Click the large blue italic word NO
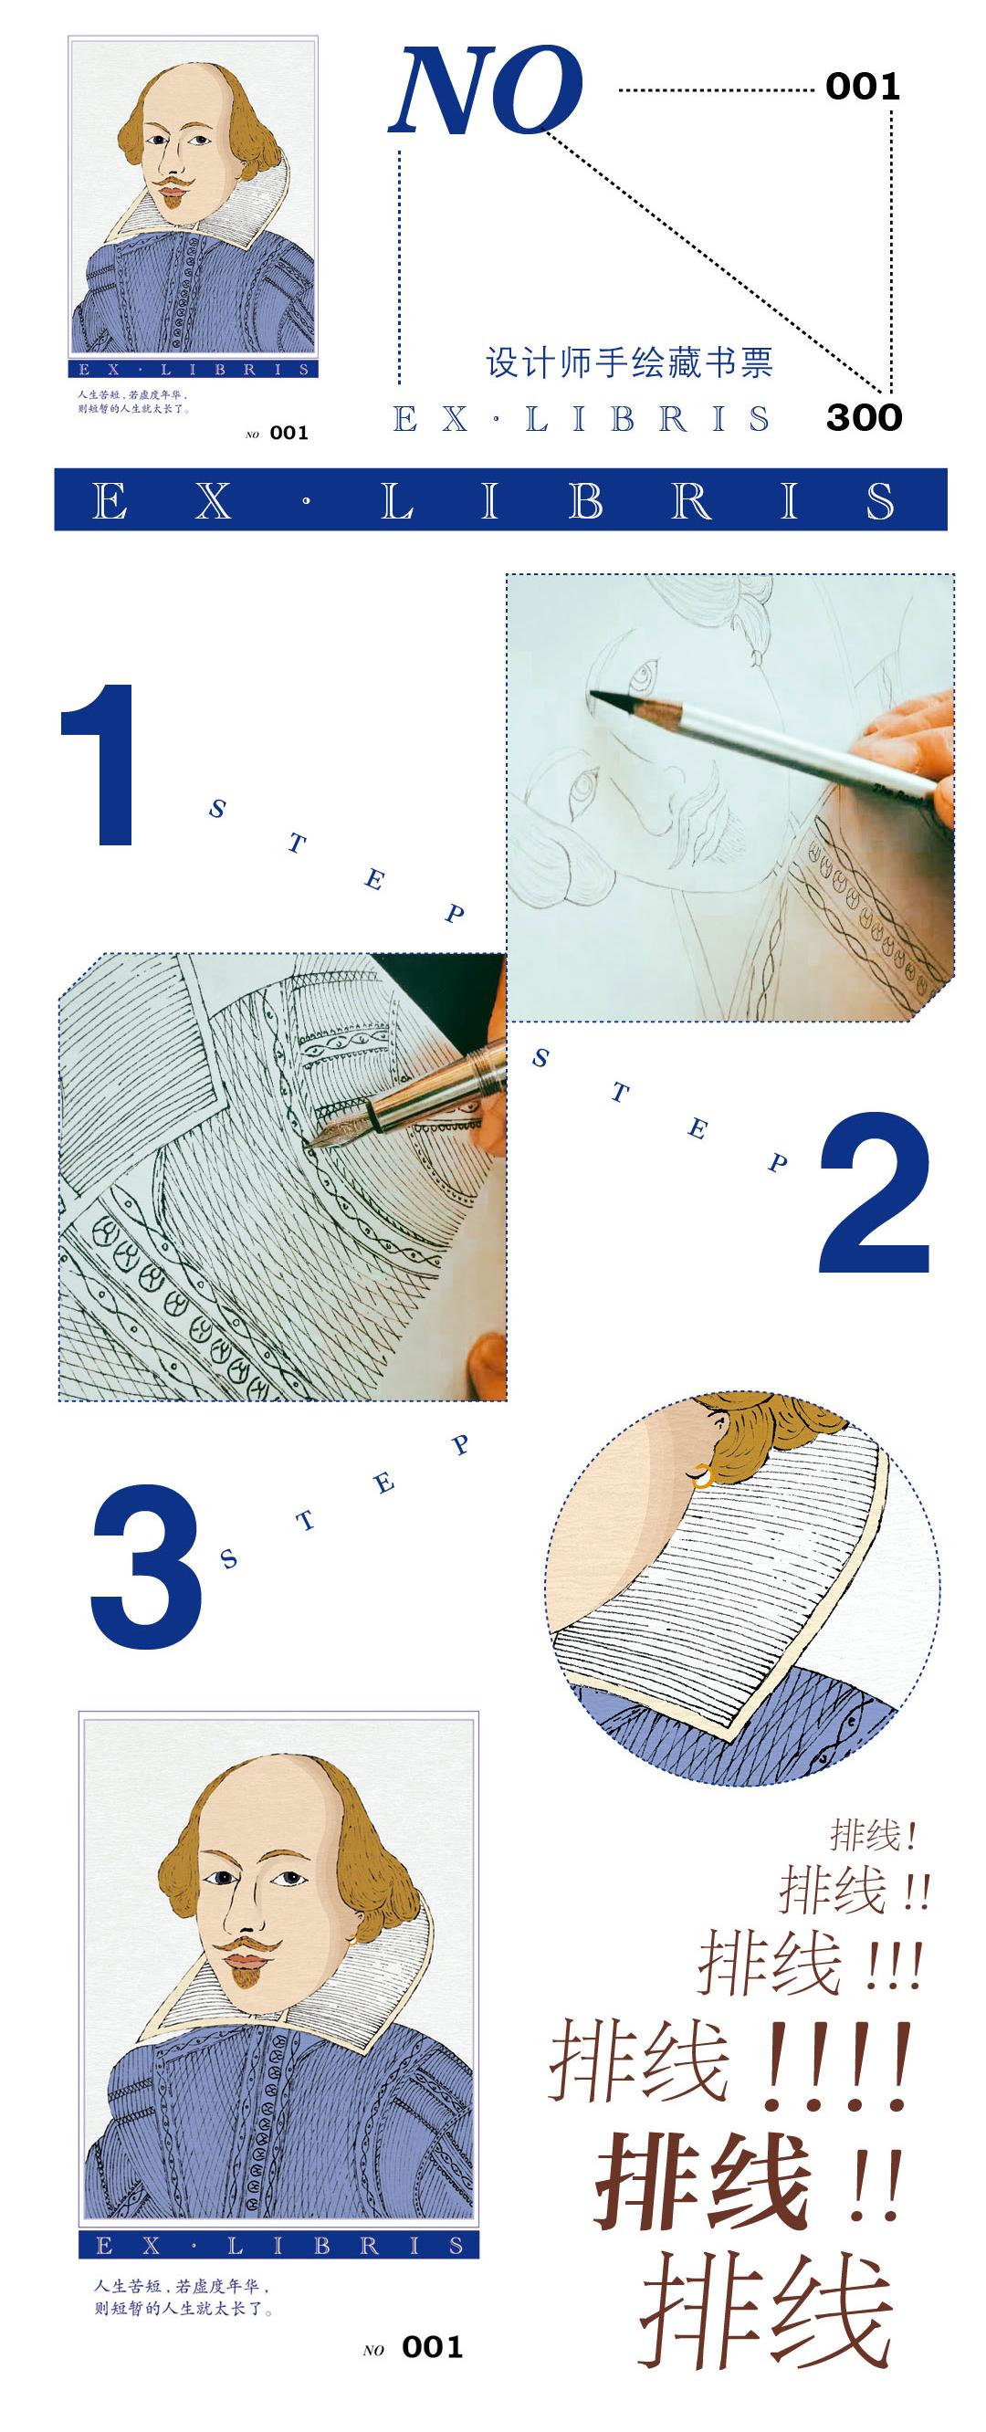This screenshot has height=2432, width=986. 486,90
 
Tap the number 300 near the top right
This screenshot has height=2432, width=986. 864,417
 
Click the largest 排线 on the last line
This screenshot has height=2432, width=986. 766,2312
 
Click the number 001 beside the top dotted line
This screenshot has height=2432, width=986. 862,87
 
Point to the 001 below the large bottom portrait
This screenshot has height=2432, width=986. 433,2347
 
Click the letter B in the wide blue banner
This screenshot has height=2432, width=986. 585,500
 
